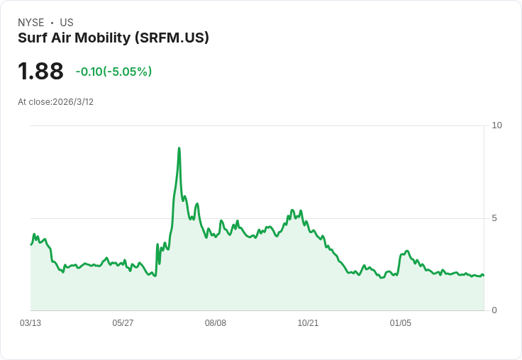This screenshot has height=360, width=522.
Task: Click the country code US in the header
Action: [x=67, y=23]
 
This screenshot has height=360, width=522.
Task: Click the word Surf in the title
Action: [x=33, y=38]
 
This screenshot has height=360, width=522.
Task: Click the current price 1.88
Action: [x=40, y=72]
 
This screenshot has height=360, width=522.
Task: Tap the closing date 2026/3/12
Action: [x=73, y=102]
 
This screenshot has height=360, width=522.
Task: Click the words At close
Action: [x=34, y=102]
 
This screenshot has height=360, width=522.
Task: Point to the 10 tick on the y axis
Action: [x=496, y=125]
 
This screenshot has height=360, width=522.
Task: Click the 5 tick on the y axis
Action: [x=494, y=218]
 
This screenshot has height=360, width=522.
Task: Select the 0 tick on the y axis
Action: [x=494, y=310]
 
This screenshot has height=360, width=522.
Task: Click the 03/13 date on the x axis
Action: [x=30, y=323]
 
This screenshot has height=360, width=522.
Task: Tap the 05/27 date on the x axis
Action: [x=123, y=323]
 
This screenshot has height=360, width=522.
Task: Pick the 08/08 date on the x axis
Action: [x=216, y=323]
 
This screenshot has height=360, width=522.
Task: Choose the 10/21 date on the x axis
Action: [x=308, y=323]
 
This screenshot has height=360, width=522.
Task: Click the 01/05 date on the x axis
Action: [x=401, y=323]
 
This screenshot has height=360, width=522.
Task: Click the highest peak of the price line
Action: [x=179, y=148]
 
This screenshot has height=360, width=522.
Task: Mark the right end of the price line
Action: [x=483, y=275]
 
